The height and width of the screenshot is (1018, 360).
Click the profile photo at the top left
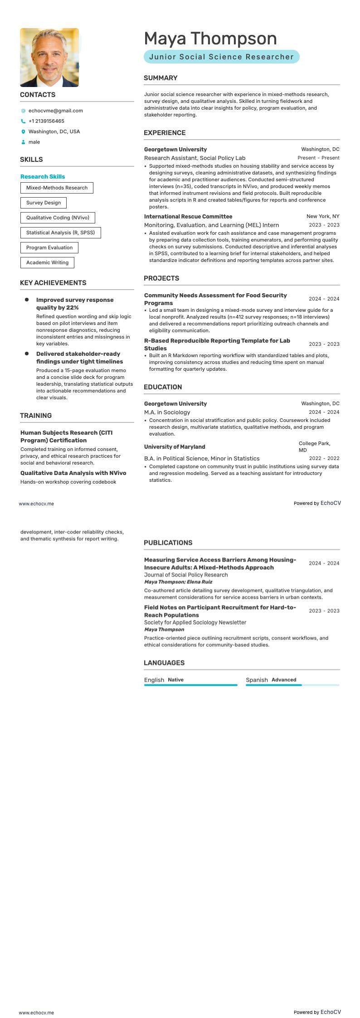(49, 58)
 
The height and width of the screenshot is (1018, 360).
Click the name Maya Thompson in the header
(210, 39)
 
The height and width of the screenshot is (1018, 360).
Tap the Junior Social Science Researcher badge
(221, 57)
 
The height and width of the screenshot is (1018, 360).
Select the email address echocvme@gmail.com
(55, 111)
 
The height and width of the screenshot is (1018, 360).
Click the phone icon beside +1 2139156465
(23, 121)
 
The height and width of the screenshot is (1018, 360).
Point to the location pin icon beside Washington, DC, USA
(23, 132)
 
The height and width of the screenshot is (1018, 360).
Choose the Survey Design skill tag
(44, 203)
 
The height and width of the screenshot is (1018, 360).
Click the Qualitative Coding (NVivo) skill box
(58, 218)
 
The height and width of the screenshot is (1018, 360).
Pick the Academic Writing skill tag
(47, 262)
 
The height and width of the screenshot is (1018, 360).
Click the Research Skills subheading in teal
(43, 177)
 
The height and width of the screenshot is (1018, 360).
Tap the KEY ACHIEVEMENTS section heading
(53, 283)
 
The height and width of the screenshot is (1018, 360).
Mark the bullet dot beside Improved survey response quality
(27, 300)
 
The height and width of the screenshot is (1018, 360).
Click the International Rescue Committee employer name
(188, 217)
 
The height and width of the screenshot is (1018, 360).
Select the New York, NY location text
(323, 217)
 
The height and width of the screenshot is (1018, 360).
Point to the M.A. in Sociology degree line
(167, 412)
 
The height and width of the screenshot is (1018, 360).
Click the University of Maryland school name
(175, 447)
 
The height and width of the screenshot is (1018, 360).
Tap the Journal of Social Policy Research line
(186, 575)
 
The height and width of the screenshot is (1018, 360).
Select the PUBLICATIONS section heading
(168, 543)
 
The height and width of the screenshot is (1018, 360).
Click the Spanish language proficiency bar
(292, 685)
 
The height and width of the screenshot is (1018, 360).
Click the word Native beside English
(175, 680)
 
